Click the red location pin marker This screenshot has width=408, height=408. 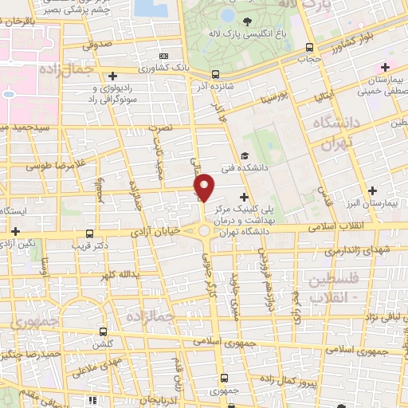point(205,186)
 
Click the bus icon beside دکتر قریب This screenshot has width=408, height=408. point(88,233)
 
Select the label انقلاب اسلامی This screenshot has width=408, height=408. point(364,227)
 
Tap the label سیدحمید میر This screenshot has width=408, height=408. point(24,127)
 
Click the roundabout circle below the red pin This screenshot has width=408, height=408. point(205,231)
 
